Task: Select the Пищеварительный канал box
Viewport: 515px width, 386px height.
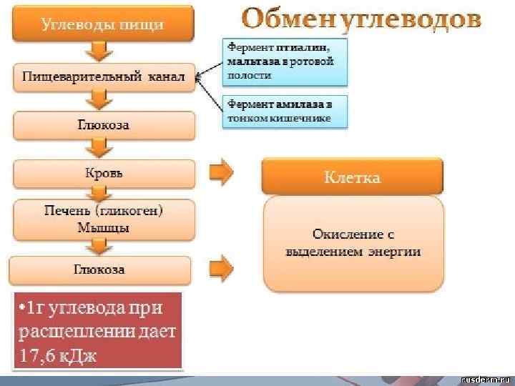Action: point(104,76)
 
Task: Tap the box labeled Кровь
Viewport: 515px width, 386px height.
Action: point(104,173)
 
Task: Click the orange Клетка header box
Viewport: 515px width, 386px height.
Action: point(352,177)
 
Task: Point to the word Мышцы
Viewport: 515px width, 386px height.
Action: point(104,229)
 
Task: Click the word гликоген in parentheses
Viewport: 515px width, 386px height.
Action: point(135,212)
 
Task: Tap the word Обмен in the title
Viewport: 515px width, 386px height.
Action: point(286,19)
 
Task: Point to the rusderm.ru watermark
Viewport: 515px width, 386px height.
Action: point(483,378)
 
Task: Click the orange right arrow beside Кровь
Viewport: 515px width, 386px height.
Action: point(221,172)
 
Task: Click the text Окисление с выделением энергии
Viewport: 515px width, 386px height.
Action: point(353,243)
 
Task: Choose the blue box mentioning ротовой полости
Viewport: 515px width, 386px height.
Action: point(286,61)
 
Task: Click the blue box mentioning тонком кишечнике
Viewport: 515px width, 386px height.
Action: point(286,112)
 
